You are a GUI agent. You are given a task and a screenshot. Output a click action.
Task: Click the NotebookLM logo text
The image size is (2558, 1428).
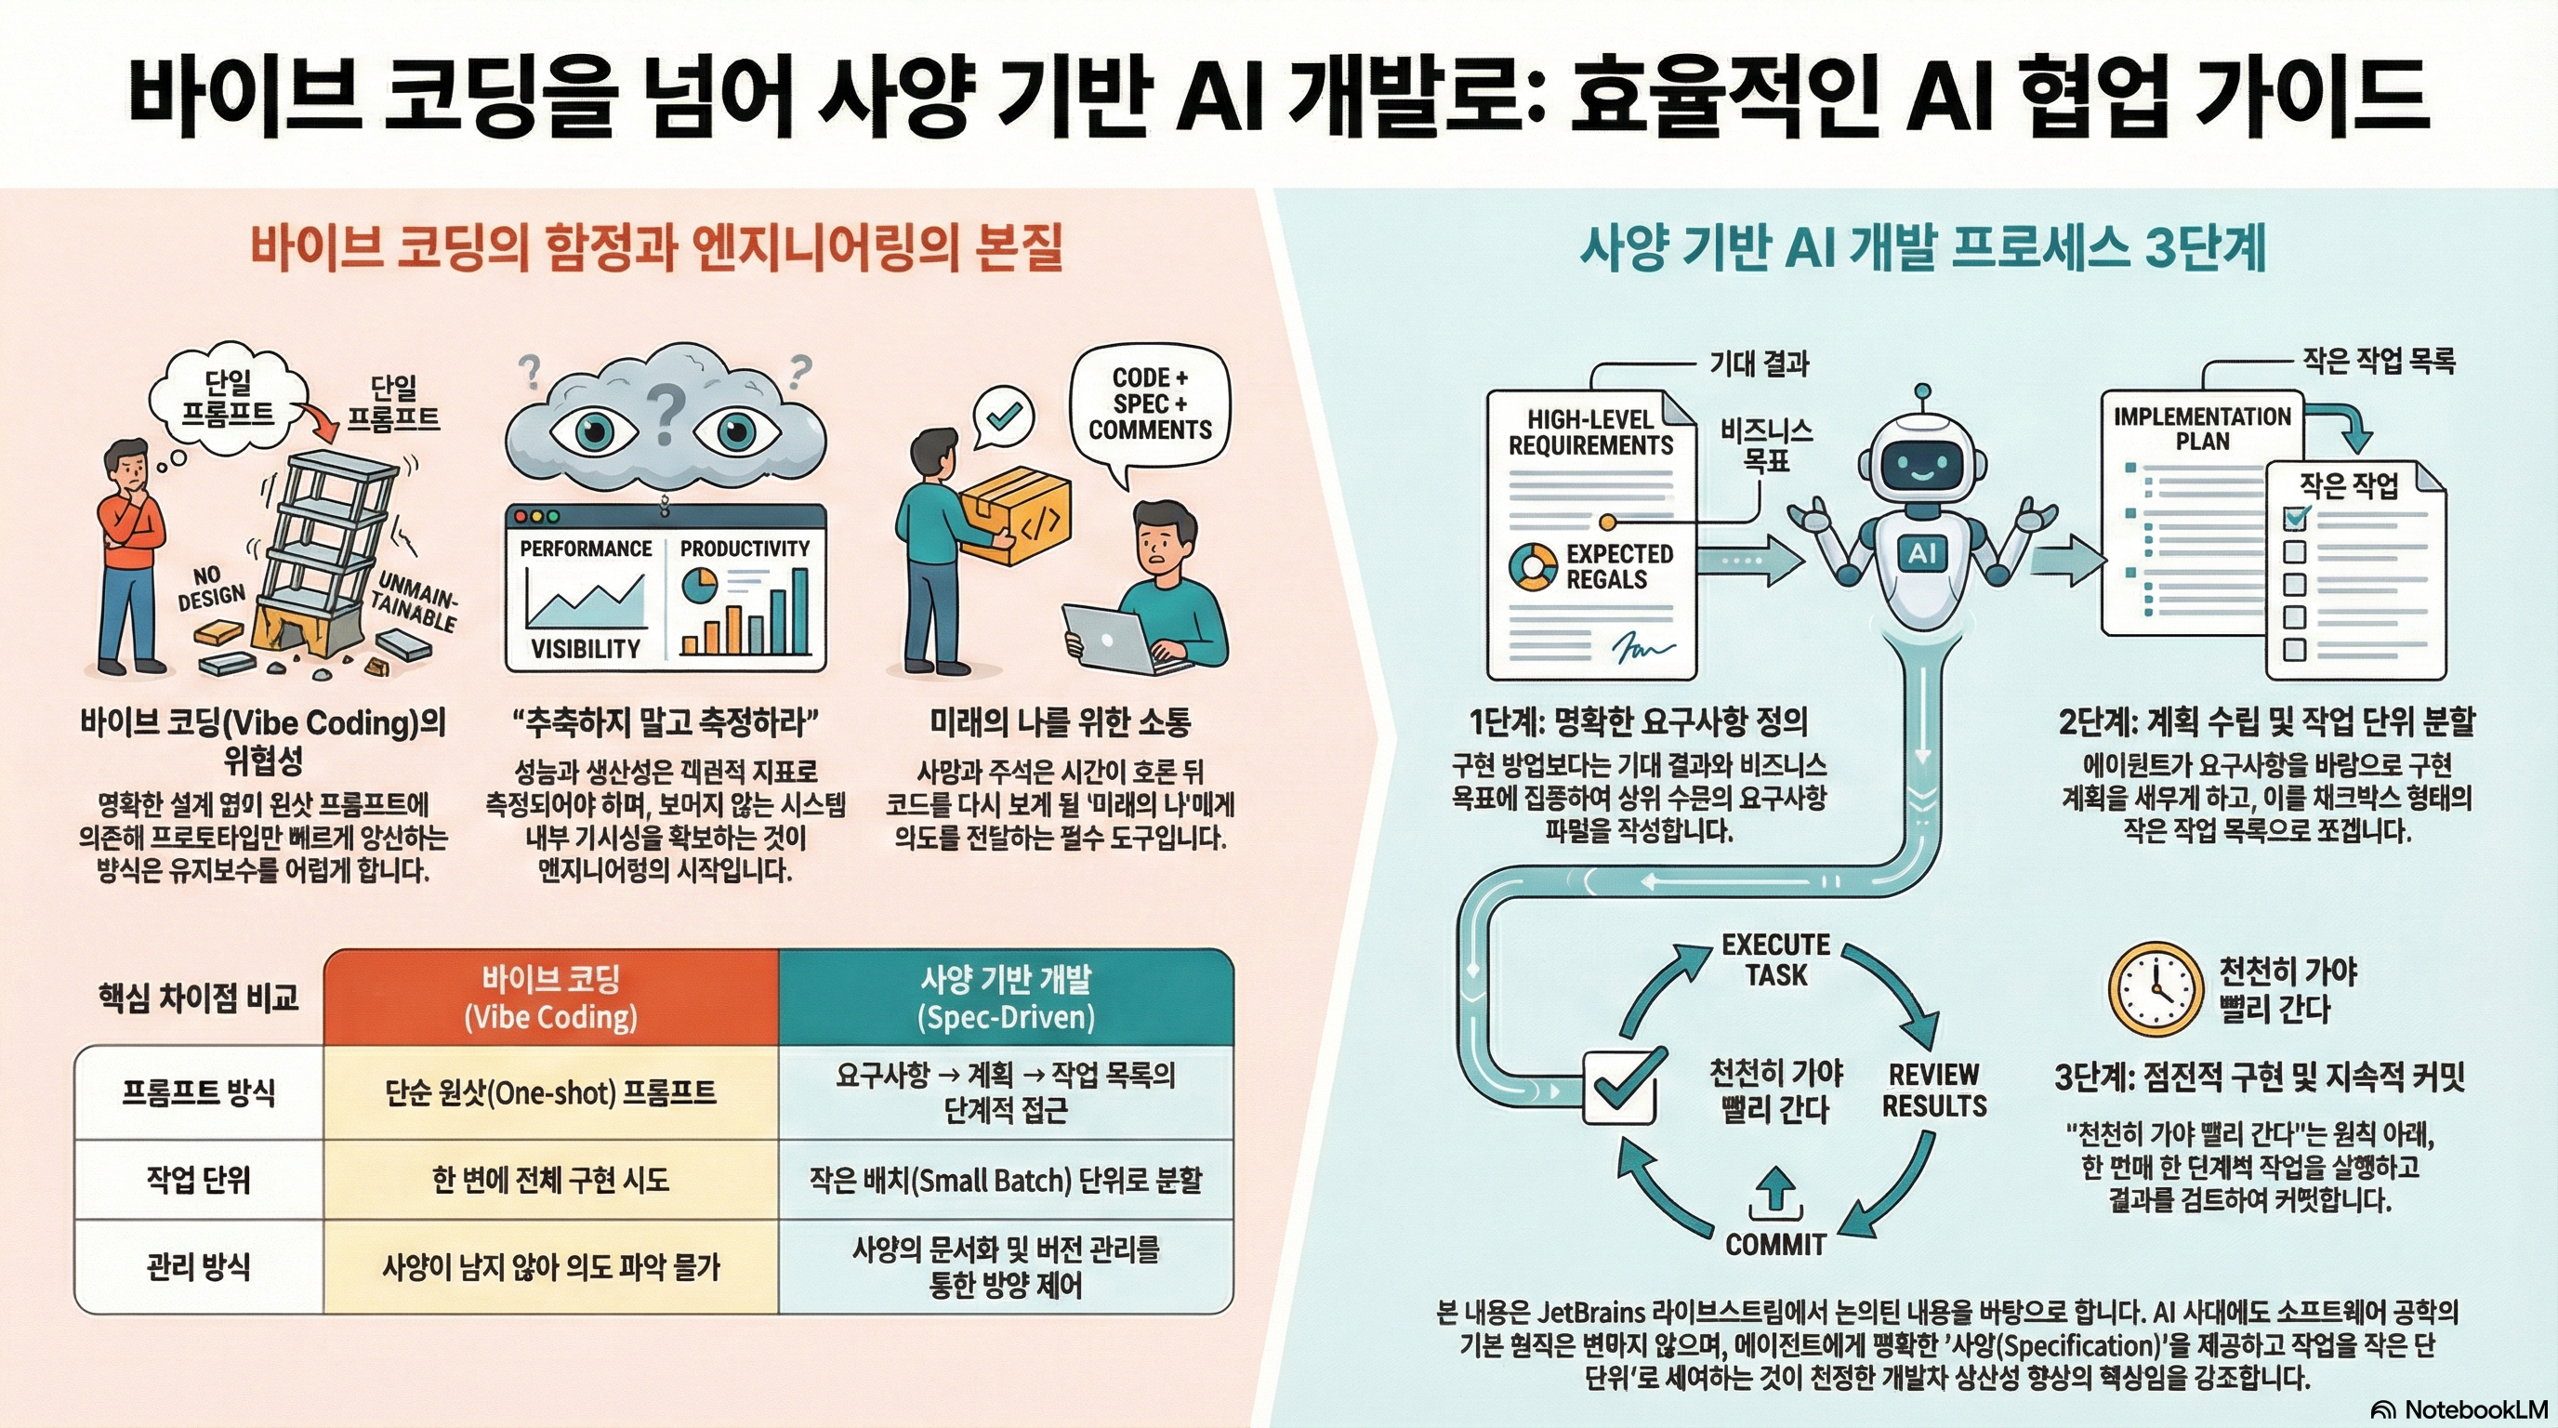[x=2474, y=1409]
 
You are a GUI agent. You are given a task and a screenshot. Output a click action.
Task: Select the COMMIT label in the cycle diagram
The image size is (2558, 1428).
[x=1775, y=1243]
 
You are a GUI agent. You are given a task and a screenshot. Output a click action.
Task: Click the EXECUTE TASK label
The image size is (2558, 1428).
[x=1775, y=959]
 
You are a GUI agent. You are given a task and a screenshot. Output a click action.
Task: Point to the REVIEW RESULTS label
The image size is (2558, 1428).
[x=1933, y=1090]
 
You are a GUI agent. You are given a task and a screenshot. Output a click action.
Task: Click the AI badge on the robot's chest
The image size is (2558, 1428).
[x=1922, y=553]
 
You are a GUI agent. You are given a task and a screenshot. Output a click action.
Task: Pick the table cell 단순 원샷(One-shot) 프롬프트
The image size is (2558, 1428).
[x=550, y=1092]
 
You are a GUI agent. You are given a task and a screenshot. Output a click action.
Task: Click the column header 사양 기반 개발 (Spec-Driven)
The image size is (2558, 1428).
[x=1005, y=997]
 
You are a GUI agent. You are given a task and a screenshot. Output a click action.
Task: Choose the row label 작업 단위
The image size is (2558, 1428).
[x=199, y=1180]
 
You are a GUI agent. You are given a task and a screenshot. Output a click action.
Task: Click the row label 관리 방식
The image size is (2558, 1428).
[x=199, y=1266]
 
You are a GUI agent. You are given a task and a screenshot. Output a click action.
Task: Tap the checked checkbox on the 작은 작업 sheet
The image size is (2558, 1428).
[x=2296, y=518]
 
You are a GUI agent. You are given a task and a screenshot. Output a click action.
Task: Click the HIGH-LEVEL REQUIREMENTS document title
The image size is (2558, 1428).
[x=1589, y=432]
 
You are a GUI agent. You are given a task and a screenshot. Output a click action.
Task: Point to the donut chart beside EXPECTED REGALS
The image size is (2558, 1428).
[x=1532, y=566]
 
